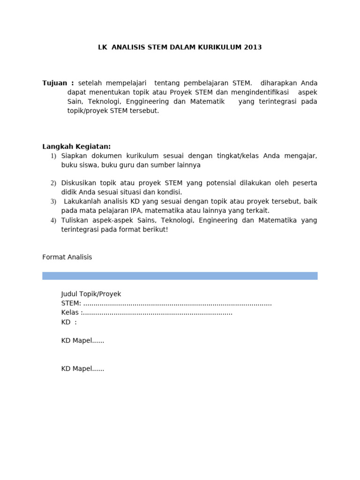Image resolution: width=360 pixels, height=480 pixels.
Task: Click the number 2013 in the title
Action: [253, 47]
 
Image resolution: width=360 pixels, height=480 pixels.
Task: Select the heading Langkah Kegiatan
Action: [76, 146]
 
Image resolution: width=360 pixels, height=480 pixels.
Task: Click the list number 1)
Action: [53, 156]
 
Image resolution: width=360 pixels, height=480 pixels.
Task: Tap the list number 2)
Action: [53, 183]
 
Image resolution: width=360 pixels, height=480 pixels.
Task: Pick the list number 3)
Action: [53, 202]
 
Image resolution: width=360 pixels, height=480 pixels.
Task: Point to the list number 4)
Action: [53, 220]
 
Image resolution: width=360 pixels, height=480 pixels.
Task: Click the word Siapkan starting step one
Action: [75, 156]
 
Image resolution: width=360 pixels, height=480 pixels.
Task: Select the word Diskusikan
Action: [79, 183]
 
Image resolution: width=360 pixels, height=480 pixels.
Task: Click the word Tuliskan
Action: [75, 220]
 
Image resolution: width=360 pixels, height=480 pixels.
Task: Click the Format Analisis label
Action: [67, 257]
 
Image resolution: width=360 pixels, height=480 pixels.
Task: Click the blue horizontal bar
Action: [180, 276]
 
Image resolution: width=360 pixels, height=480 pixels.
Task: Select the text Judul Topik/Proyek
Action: [91, 294]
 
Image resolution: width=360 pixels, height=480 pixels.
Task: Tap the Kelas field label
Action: [71, 313]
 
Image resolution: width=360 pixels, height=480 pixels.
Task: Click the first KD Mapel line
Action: [82, 341]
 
